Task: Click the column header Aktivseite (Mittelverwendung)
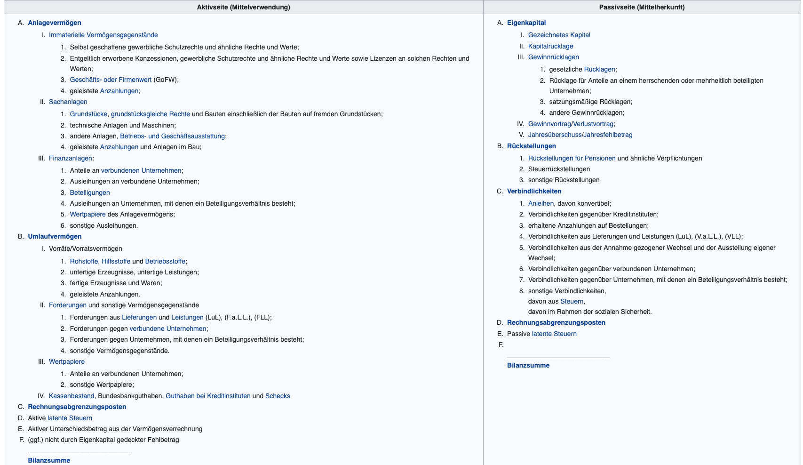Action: [243, 7]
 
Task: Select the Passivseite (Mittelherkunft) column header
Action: [642, 7]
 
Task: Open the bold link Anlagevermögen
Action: [55, 23]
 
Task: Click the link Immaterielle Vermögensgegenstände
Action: [103, 35]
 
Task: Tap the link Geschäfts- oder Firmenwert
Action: [111, 80]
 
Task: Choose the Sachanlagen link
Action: [68, 102]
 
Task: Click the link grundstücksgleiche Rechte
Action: [151, 114]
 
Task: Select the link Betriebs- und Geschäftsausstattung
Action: [173, 136]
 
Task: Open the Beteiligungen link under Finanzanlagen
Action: [90, 192]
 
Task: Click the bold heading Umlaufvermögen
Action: [55, 236]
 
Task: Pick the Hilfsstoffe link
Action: [116, 261]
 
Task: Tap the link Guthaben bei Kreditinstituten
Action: [208, 396]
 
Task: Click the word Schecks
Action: [278, 396]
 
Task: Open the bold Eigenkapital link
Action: [526, 23]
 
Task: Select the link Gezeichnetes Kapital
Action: [559, 35]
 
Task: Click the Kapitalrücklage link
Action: [551, 46]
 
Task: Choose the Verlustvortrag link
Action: [593, 124]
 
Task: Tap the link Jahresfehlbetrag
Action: [608, 135]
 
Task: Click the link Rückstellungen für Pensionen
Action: [572, 158]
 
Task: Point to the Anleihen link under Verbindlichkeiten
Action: [541, 203]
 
